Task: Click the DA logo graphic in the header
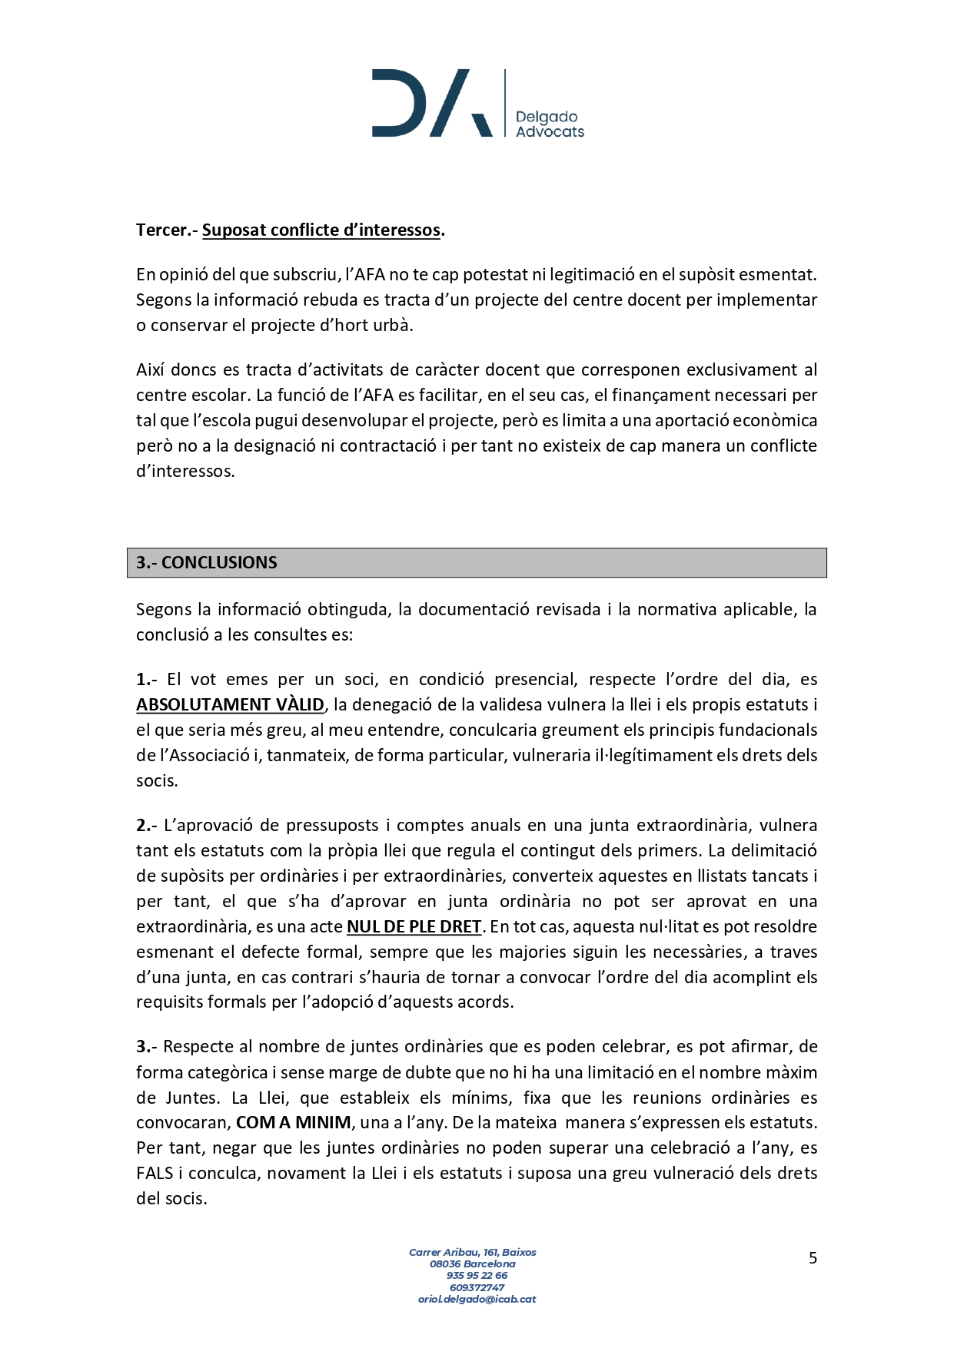[431, 103]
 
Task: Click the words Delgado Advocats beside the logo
[549, 124]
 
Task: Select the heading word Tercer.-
[167, 230]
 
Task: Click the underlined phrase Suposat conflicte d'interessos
[321, 230]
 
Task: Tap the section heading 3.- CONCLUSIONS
[207, 562]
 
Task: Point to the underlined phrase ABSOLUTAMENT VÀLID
[230, 704]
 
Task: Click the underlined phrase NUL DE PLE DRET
[414, 926]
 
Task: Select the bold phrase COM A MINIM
[293, 1122]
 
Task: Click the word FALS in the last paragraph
[155, 1173]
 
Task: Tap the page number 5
[813, 1257]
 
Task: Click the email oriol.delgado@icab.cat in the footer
[477, 1299]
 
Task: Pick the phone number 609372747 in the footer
[477, 1287]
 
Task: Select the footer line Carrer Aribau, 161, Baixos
[472, 1252]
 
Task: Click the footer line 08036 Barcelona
[472, 1264]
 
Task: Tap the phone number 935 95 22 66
[477, 1275]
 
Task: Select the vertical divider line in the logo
[505, 103]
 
